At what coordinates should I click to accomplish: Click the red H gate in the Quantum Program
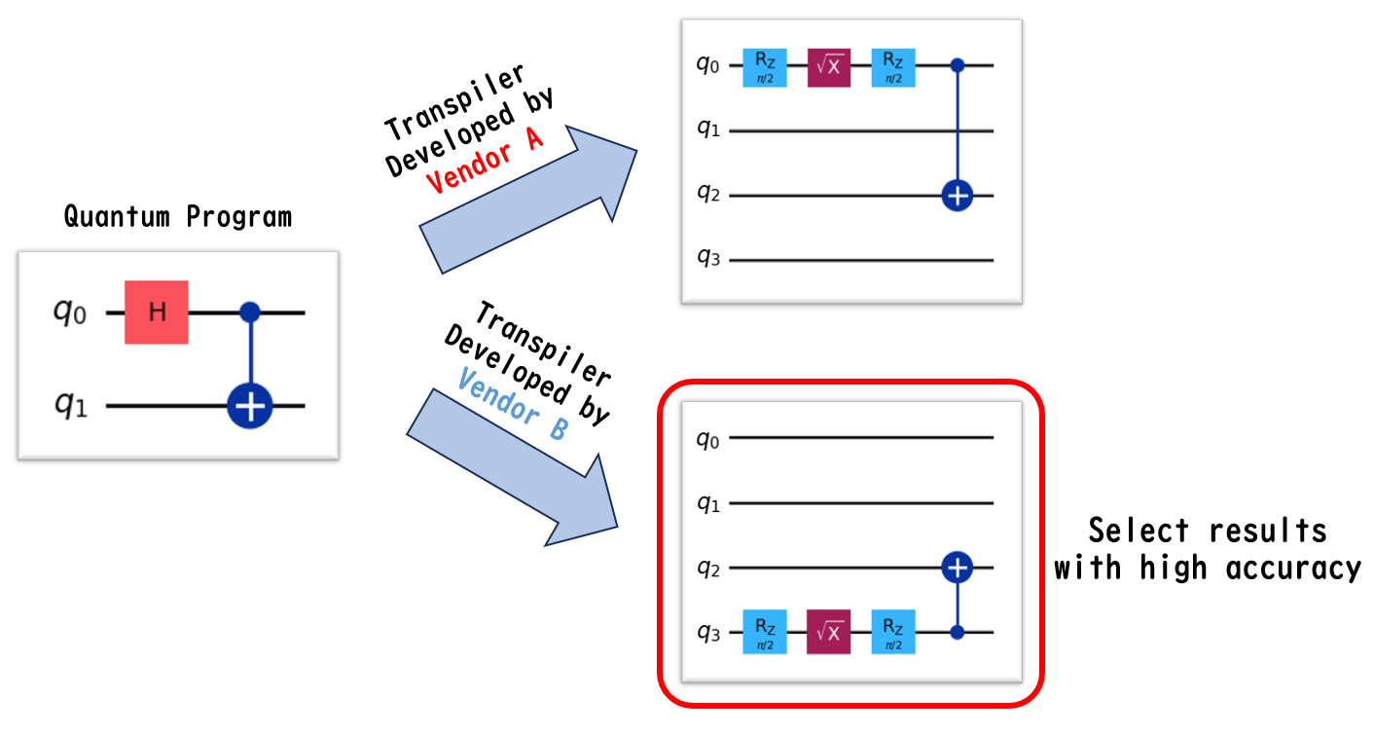click(x=156, y=312)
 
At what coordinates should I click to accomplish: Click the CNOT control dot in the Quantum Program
click(x=251, y=312)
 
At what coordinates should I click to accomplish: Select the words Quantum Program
click(x=178, y=216)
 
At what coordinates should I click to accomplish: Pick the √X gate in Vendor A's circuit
click(x=829, y=66)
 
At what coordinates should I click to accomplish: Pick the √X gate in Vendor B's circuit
click(x=829, y=632)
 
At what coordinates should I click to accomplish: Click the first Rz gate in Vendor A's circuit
click(x=765, y=66)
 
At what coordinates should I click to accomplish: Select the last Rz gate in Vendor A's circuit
click(x=893, y=66)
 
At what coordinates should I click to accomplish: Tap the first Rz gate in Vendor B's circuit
click(x=765, y=632)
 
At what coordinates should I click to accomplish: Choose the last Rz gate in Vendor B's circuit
click(x=893, y=632)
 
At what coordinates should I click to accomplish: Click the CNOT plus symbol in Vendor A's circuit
click(x=958, y=196)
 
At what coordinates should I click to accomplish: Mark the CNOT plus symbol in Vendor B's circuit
click(x=958, y=567)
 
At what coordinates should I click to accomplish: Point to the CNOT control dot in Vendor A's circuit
click(x=958, y=66)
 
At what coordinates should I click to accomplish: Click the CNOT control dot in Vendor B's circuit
click(x=958, y=632)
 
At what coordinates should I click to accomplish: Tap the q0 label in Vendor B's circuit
click(x=707, y=439)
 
